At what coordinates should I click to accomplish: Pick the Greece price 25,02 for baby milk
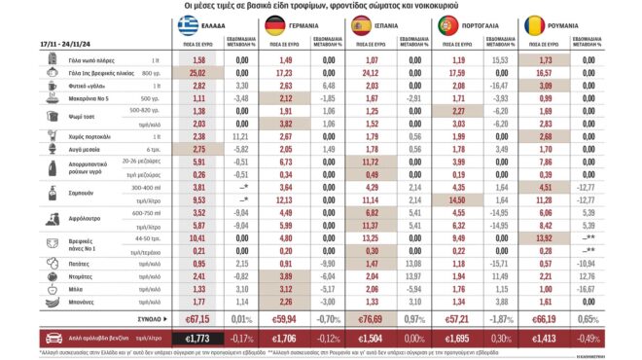coord(198,72)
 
